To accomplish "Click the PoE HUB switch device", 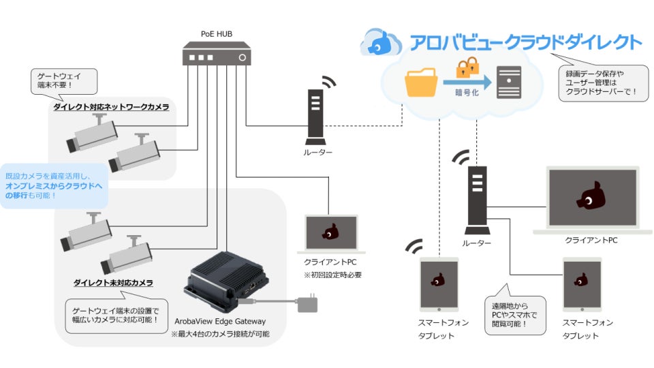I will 216,54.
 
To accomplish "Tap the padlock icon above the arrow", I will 469,67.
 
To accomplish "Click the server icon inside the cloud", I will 510,85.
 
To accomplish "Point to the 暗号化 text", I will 467,93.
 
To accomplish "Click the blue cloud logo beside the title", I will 382,42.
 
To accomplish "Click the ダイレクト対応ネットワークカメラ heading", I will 111,107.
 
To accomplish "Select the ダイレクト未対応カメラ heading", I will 113,282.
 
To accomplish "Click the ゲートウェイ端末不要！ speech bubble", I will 63,81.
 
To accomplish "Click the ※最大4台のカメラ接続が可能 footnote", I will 219,334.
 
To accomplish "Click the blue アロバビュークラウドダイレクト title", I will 525,42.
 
